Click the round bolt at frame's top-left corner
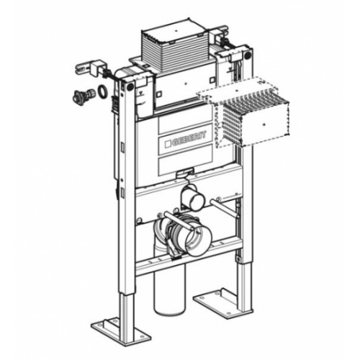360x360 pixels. (x=130, y=86)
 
